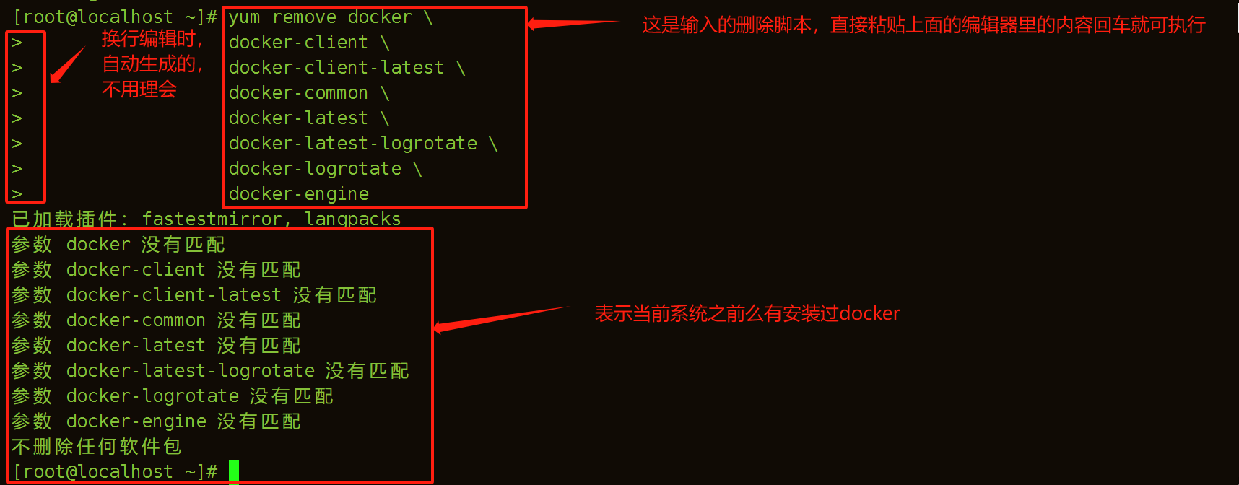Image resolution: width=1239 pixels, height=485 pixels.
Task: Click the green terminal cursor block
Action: click(x=234, y=471)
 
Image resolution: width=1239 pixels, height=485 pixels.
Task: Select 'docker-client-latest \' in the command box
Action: click(x=347, y=68)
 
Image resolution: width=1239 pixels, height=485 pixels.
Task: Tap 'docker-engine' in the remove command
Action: click(x=299, y=194)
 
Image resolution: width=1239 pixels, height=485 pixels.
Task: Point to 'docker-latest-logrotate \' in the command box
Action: click(x=363, y=144)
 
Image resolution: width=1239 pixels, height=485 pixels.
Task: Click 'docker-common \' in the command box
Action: click(x=309, y=93)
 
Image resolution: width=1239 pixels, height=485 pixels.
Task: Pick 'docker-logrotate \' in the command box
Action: click(x=325, y=169)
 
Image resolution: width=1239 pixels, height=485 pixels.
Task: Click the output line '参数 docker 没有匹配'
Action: click(x=118, y=245)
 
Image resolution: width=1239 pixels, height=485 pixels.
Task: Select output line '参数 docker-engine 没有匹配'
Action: click(x=156, y=421)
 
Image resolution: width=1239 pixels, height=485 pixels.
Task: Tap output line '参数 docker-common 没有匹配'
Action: click(x=156, y=320)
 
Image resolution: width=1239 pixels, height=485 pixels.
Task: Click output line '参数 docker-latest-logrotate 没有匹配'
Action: click(x=210, y=371)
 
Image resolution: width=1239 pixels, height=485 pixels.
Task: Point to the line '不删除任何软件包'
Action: click(x=97, y=447)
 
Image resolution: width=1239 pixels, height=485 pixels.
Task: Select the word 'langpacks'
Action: click(x=352, y=219)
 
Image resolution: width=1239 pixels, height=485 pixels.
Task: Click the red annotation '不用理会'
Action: click(x=139, y=89)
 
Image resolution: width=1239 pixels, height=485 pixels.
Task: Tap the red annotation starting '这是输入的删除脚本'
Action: click(x=923, y=25)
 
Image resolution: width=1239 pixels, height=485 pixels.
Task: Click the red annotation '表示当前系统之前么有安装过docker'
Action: click(x=747, y=313)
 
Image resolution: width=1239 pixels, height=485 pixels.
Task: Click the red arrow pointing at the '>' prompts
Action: click(x=66, y=66)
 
